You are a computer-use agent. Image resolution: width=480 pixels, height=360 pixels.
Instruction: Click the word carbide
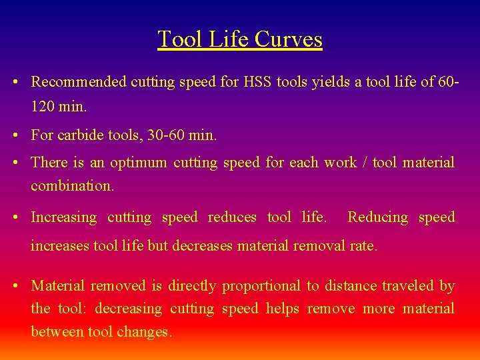tap(80, 135)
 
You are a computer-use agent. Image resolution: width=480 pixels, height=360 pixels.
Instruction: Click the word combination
tap(72, 186)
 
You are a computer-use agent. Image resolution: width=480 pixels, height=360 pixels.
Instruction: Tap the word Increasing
tap(64, 217)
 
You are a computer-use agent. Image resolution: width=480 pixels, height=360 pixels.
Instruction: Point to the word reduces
tap(232, 217)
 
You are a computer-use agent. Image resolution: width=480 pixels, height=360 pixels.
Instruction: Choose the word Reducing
tap(377, 217)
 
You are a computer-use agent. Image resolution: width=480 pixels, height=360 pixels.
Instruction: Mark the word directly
tap(192, 286)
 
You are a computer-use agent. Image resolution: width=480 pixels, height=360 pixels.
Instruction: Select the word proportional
tap(261, 286)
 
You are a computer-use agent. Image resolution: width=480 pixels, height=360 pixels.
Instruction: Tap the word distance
tap(350, 286)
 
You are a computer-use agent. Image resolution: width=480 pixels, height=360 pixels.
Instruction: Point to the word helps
tap(283, 309)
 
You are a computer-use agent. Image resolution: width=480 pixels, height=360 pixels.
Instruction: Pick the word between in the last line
tap(57, 331)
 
